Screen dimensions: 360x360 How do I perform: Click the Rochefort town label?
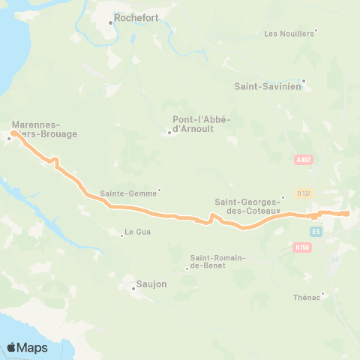tap(136, 19)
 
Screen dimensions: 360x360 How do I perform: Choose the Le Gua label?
tap(138, 232)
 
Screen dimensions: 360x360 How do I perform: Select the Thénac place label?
tap(307, 297)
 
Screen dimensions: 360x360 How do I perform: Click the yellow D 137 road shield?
tap(304, 193)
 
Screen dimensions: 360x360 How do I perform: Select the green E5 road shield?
tap(317, 231)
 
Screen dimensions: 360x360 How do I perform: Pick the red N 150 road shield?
tap(302, 247)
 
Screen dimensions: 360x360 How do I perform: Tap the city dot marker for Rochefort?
tap(110, 22)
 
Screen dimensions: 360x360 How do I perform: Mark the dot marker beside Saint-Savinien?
tap(304, 81)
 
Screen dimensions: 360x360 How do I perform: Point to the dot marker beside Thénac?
tap(323, 293)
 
